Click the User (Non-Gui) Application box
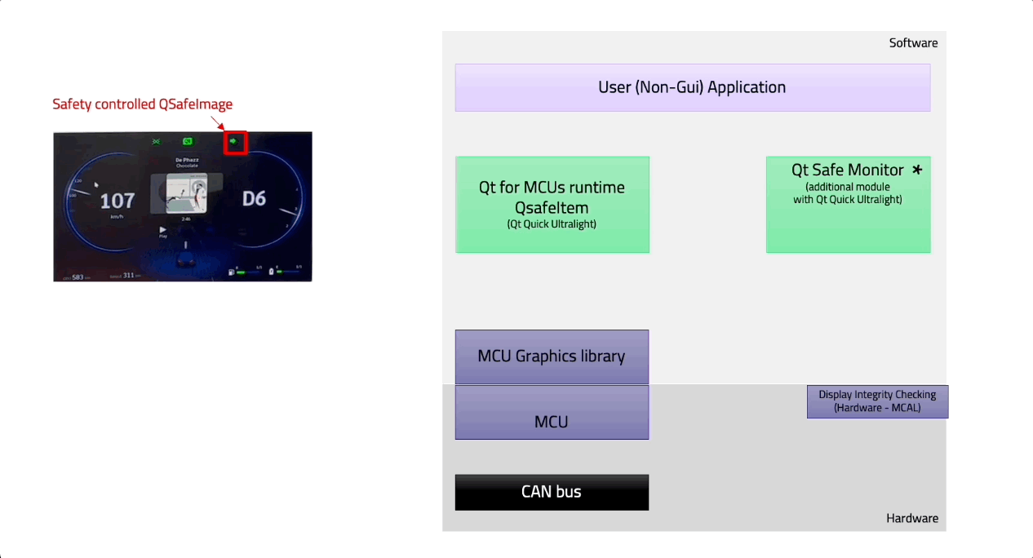tap(692, 87)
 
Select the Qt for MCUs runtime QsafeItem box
tap(552, 204)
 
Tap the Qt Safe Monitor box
tap(848, 204)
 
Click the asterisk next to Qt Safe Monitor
tap(917, 170)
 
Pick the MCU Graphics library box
tap(552, 356)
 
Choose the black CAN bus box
tap(552, 492)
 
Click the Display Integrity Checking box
tap(877, 401)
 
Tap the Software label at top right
tap(913, 43)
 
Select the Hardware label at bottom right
tap(911, 518)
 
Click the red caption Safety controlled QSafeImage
tap(143, 104)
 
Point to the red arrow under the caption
tap(218, 122)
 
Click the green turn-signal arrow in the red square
tap(234, 142)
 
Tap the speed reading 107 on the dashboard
tap(117, 201)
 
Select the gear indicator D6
tap(253, 198)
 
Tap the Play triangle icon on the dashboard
tap(163, 229)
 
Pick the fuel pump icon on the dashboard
tap(232, 272)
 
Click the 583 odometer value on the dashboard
tap(78, 277)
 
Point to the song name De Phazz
tap(187, 160)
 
